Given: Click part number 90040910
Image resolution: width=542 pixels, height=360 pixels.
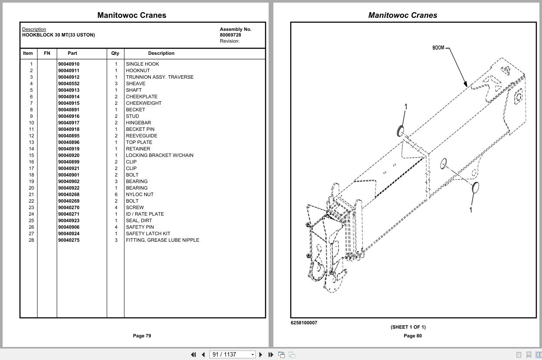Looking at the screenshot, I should (x=69, y=64).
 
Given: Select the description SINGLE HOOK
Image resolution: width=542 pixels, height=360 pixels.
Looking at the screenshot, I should (x=142, y=64).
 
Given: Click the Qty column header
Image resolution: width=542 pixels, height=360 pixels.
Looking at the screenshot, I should (x=115, y=53).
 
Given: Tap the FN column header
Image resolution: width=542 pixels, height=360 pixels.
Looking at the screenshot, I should (x=47, y=53).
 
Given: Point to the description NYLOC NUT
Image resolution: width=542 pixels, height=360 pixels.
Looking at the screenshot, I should (x=140, y=194).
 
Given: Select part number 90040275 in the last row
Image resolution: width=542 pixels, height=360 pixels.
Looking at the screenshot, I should (x=69, y=240).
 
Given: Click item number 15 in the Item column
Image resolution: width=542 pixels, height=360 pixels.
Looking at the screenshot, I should (x=31, y=155).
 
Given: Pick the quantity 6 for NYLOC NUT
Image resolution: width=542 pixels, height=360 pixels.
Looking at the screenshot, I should (x=116, y=194).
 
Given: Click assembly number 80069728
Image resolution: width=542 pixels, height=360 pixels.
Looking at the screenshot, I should (x=230, y=35).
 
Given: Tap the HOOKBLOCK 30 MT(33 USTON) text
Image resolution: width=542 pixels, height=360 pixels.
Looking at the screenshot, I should (x=58, y=35).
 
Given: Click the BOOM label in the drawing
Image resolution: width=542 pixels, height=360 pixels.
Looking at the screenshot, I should (x=438, y=47).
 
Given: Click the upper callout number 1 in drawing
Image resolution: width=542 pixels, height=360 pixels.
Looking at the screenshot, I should (x=406, y=107).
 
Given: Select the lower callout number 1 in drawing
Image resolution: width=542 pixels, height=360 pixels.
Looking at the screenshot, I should (x=471, y=210).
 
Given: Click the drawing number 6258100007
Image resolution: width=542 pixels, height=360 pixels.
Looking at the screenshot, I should (x=304, y=323).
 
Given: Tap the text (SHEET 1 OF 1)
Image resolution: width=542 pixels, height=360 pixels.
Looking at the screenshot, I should (x=408, y=327).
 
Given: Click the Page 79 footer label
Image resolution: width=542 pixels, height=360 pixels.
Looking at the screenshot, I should (x=142, y=336).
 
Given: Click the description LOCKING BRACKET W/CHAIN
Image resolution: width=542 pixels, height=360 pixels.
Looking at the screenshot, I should (x=160, y=155).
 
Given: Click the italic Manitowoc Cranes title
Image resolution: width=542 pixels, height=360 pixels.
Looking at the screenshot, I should (x=402, y=15).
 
